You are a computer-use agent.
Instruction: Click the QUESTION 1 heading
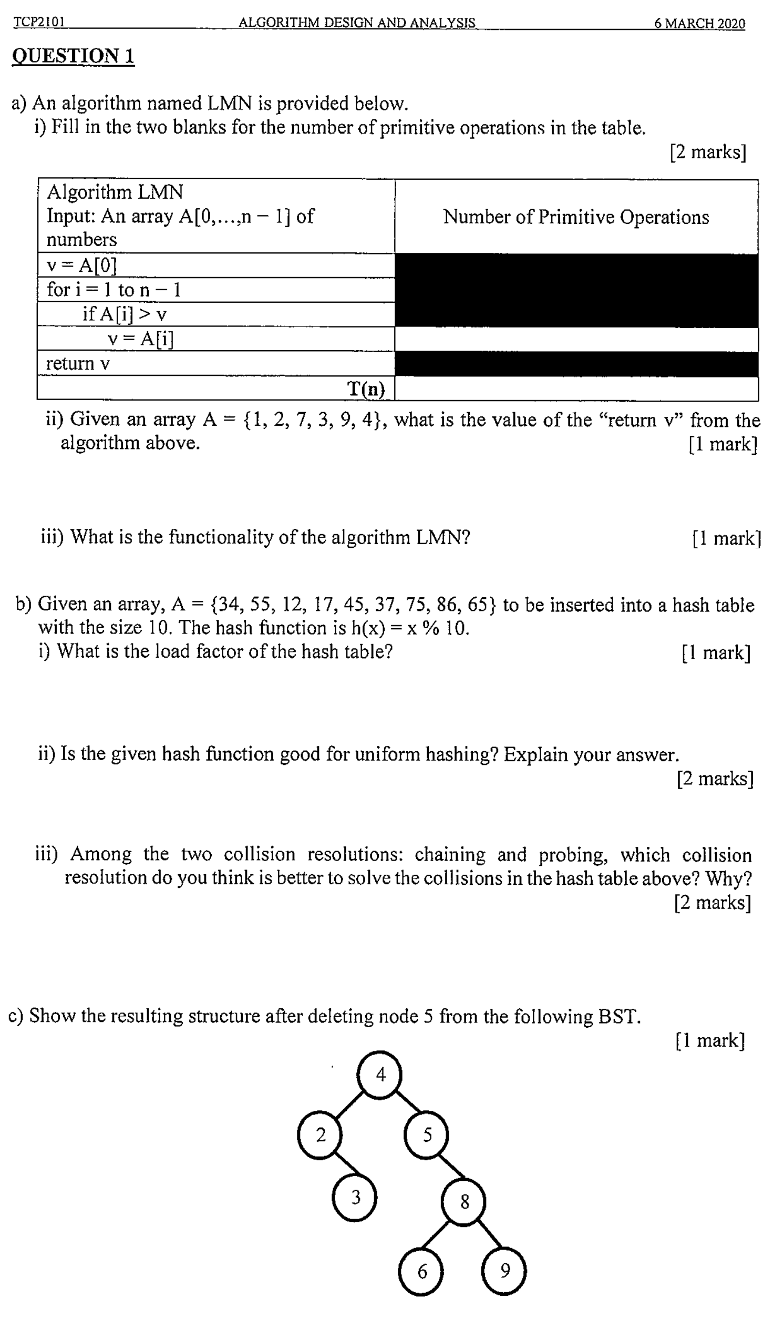click(73, 56)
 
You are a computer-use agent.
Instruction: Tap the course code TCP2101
click(39, 22)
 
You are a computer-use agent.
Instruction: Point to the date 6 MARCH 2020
click(699, 24)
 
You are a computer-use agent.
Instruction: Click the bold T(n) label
click(366, 389)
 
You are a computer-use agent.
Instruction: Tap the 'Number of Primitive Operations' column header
click(576, 217)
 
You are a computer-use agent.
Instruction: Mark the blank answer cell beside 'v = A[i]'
click(576, 339)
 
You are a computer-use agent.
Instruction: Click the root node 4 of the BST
click(380, 1076)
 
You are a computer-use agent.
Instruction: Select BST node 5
click(426, 1135)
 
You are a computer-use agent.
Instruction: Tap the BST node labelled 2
click(320, 1135)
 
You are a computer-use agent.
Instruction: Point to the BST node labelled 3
click(355, 1197)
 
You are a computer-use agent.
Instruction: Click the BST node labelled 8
click(464, 1202)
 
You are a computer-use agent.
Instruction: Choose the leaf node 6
click(421, 1271)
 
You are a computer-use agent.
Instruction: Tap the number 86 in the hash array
click(447, 605)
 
